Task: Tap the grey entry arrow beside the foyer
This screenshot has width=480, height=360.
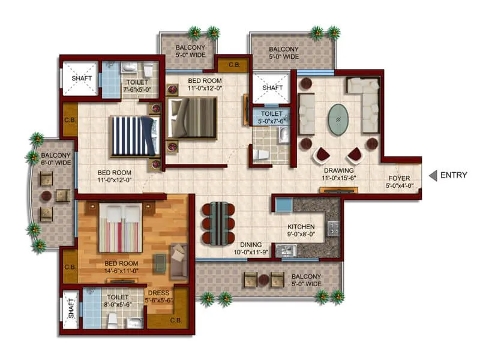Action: (433, 175)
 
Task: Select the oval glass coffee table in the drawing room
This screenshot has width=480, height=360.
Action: (340, 122)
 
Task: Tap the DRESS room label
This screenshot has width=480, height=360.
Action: (158, 293)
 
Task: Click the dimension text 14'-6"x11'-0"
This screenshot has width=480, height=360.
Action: (122, 271)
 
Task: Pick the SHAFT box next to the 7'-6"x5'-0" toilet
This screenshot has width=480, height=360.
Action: (80, 78)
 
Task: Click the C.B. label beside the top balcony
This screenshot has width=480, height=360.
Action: (235, 64)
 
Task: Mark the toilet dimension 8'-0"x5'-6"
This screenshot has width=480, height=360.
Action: (118, 304)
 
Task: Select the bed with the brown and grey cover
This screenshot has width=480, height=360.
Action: (193, 117)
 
